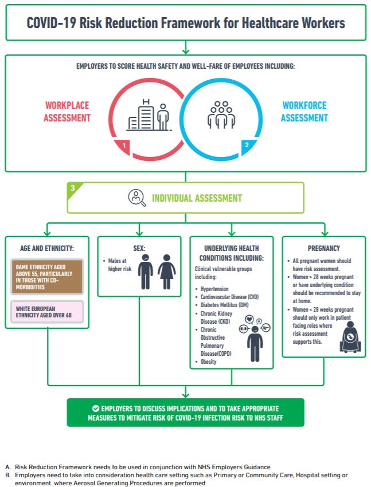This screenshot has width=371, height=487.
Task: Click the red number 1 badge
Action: tap(123, 146)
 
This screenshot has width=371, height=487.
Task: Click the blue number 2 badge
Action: tap(247, 146)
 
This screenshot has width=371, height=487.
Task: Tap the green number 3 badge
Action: tap(73, 188)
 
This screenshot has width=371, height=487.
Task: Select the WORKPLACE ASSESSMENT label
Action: tap(68, 112)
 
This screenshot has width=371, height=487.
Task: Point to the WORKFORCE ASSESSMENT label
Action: tap(304, 112)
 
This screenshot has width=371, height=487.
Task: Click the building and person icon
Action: tap(149, 116)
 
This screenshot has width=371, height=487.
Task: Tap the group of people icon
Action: tap(221, 115)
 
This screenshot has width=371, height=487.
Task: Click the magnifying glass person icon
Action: tap(136, 198)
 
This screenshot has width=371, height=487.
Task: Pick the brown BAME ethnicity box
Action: tap(47, 276)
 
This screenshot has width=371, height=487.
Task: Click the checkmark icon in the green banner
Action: tap(95, 409)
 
